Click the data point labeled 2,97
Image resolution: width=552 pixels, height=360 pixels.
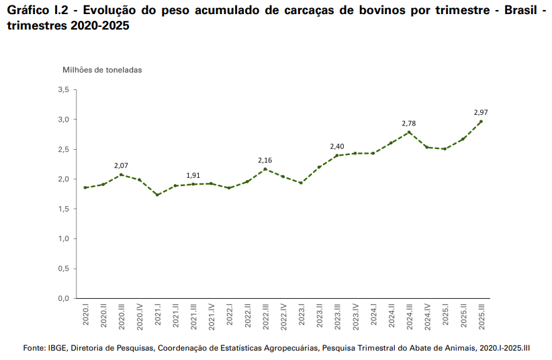[x=481, y=121]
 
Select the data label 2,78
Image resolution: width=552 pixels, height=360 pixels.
[x=409, y=124]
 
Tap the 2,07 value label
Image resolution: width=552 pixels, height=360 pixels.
[x=121, y=165]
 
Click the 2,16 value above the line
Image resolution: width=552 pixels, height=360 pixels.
[x=265, y=160]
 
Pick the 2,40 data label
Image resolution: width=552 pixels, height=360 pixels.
[x=337, y=146]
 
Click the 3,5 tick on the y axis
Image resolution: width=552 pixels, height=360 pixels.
[x=64, y=89]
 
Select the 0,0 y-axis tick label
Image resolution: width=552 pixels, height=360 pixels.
[x=64, y=298]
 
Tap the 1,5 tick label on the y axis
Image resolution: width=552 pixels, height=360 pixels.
[x=64, y=209]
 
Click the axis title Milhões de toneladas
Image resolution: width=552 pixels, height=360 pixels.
[x=102, y=69]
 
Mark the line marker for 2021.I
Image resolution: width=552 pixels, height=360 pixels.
[x=157, y=195]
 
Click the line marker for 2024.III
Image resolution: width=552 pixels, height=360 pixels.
[x=409, y=132]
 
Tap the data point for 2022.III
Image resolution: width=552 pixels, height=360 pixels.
[x=265, y=169]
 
